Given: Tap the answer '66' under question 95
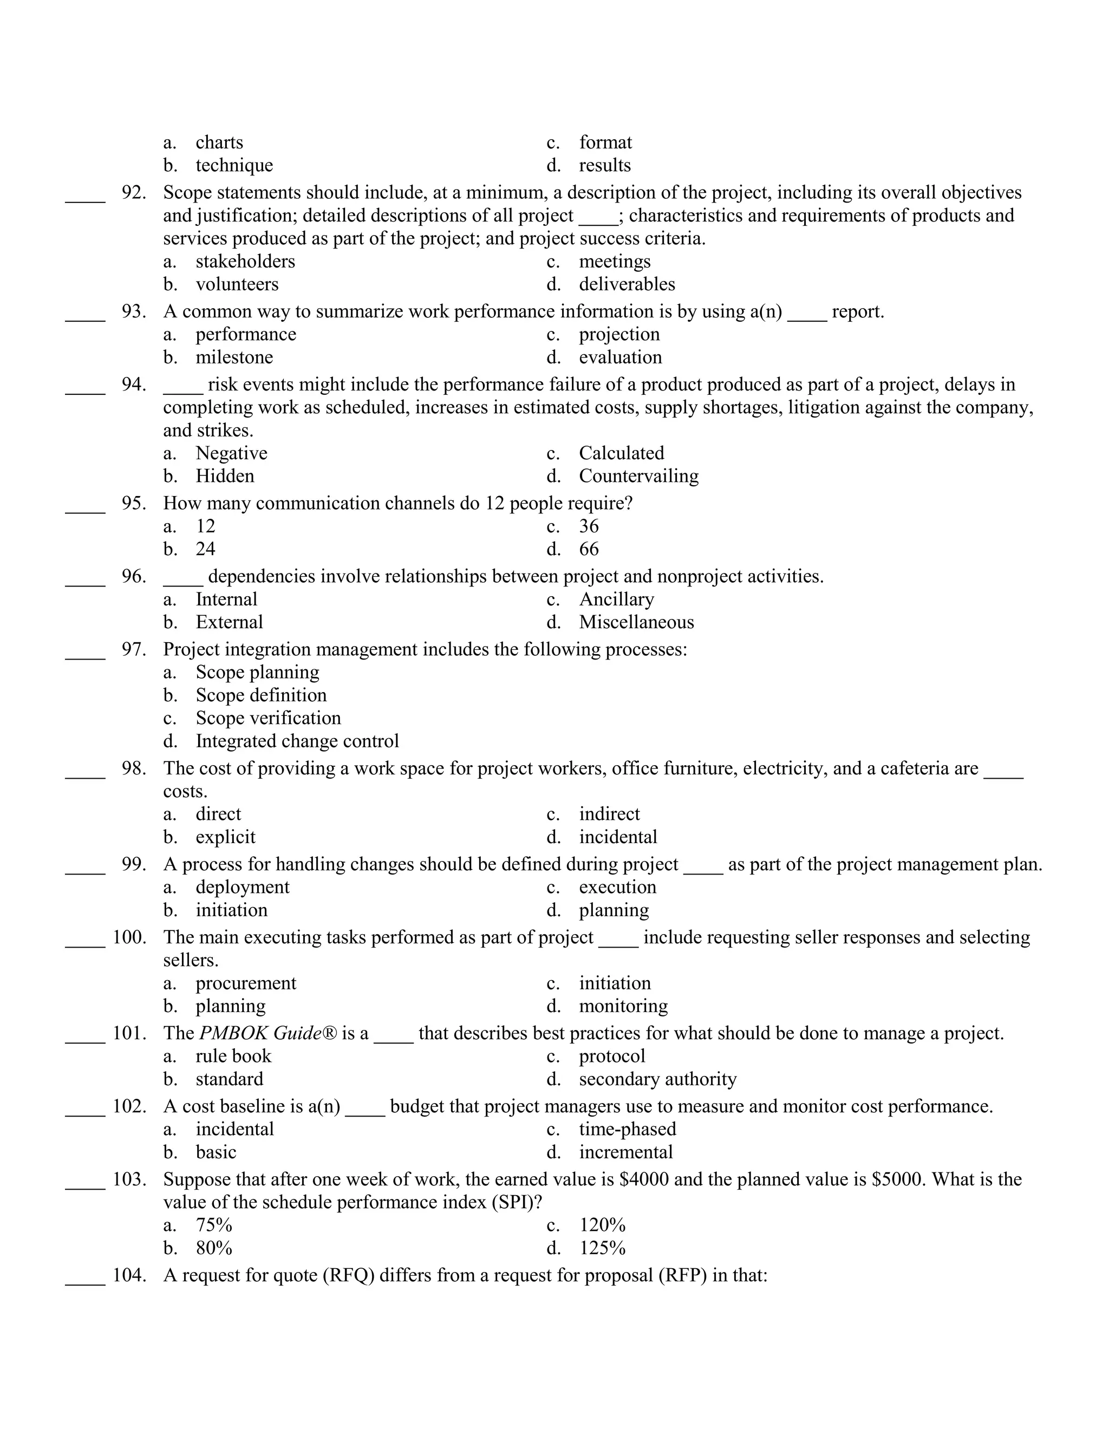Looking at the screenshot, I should [x=589, y=549].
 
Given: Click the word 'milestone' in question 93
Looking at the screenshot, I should [x=234, y=357].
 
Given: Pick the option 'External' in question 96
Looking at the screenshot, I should [x=229, y=622].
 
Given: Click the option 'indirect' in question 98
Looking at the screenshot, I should [x=609, y=813].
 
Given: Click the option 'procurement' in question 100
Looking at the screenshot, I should [x=246, y=983].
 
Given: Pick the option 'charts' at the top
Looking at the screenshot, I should [x=219, y=142].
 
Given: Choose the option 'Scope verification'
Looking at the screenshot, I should [x=268, y=717].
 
